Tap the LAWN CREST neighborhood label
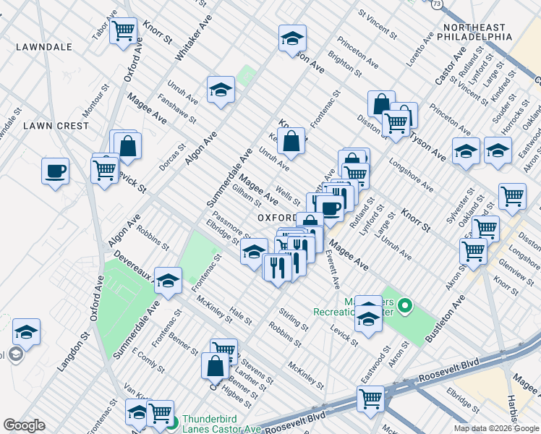tap(56, 125)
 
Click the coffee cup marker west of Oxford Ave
tap(56, 172)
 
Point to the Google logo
tap(24, 425)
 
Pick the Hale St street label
tap(240, 315)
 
